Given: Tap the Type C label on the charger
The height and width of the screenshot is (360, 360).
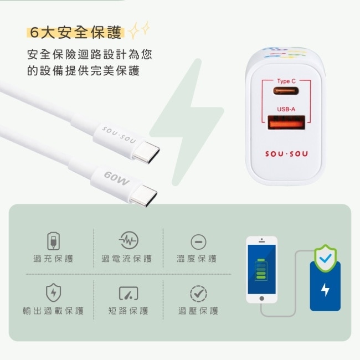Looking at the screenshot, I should (x=286, y=81).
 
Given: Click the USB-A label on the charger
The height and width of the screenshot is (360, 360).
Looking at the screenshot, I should (x=286, y=109).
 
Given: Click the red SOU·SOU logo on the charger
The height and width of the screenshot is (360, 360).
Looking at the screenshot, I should (x=286, y=154).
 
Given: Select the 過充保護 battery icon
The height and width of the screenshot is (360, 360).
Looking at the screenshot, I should (x=53, y=241).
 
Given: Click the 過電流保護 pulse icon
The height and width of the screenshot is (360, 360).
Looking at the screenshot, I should (x=128, y=240).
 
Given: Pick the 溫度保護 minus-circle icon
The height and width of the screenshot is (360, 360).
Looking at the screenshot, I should (x=198, y=241).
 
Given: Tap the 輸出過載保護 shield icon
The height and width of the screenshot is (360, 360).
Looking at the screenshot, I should (x=53, y=292).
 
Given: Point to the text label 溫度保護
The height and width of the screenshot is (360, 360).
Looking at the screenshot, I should (x=197, y=259).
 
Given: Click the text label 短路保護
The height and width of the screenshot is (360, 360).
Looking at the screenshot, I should (x=128, y=311).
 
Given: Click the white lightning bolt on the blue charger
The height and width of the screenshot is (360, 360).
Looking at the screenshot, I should (x=325, y=290).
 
